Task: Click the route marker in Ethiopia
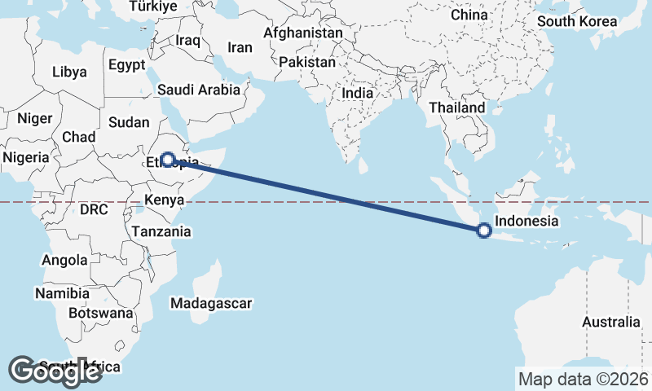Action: click(167, 160)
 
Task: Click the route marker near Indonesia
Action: click(484, 231)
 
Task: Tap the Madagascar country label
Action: click(211, 303)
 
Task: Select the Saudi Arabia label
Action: click(199, 90)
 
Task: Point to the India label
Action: click(357, 93)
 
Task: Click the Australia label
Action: click(610, 322)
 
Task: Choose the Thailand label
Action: click(456, 107)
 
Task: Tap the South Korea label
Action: click(577, 21)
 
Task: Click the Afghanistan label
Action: click(302, 33)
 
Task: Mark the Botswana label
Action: click(100, 312)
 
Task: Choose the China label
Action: click(469, 15)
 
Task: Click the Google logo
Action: click(55, 371)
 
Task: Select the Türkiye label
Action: click(153, 7)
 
